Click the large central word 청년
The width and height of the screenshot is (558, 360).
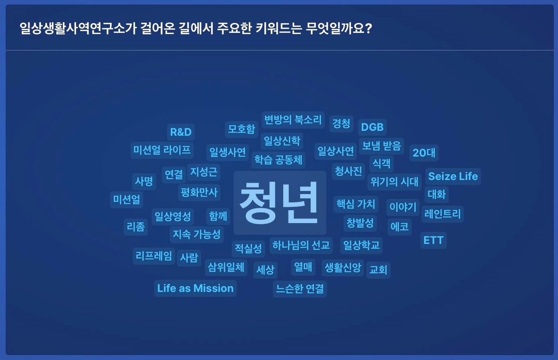click(280, 203)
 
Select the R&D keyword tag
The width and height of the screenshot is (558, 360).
click(181, 132)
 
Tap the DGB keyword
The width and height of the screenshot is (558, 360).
click(372, 127)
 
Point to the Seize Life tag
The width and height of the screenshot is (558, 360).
click(453, 176)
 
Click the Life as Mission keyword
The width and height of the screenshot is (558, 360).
click(195, 288)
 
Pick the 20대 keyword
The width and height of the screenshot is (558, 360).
click(424, 153)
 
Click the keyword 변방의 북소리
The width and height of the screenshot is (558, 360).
click(293, 120)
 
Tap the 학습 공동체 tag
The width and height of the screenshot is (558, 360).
click(278, 160)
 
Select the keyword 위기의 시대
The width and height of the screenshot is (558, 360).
click(394, 182)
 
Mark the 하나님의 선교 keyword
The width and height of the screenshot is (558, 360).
click(301, 245)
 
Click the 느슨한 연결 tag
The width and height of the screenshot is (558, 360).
click(300, 289)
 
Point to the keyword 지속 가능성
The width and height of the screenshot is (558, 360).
click(197, 234)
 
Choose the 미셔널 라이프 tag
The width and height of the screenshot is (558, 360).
click(162, 150)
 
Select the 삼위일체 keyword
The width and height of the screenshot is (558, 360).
click(226, 268)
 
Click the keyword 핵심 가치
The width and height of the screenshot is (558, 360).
click(356, 204)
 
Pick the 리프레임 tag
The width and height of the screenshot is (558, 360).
click(154, 256)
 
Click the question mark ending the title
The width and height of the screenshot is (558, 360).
click(369, 28)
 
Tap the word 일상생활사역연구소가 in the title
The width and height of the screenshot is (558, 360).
click(78, 28)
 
